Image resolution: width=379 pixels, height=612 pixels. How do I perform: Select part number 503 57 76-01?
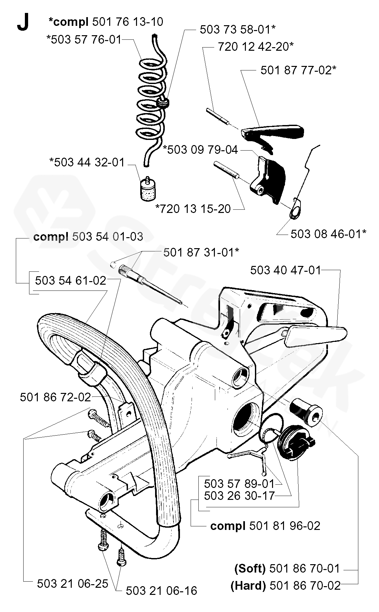(x=84, y=40)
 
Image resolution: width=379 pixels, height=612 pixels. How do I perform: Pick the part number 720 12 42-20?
(x=256, y=47)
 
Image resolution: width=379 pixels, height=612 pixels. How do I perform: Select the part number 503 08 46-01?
(x=328, y=234)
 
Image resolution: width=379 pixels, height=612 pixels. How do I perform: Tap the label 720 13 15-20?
(x=193, y=209)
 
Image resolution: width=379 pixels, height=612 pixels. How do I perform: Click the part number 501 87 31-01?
(x=201, y=252)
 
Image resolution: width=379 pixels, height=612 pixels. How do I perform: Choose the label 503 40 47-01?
(x=286, y=270)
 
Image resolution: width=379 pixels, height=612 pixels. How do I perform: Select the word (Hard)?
(x=248, y=586)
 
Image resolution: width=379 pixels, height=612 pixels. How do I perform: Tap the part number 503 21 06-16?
(x=161, y=591)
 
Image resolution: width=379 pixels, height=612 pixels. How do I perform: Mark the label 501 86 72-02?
(x=55, y=397)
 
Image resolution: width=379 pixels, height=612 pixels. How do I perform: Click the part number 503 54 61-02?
(x=71, y=280)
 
